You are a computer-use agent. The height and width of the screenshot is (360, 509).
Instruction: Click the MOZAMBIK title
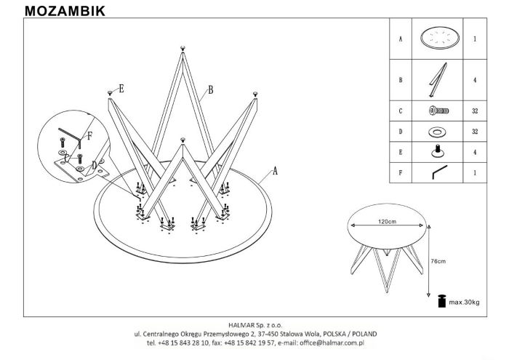pyautogui.click(x=65, y=11)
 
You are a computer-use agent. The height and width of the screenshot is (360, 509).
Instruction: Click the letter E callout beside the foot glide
pyautogui.click(x=121, y=89)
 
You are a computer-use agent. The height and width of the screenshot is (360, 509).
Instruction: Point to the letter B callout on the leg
pyautogui.click(x=211, y=89)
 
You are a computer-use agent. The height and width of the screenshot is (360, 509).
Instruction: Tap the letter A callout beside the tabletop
pyautogui.click(x=276, y=170)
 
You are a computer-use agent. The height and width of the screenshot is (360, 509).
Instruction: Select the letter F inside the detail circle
pyautogui.click(x=89, y=136)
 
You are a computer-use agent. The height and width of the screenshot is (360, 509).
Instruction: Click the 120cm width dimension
pyautogui.click(x=387, y=222)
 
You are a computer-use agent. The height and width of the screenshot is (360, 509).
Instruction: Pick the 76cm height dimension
pyautogui.click(x=438, y=261)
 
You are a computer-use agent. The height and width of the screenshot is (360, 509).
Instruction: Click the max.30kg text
pyautogui.click(x=464, y=303)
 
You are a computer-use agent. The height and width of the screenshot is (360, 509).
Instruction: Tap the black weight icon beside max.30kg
pyautogui.click(x=442, y=301)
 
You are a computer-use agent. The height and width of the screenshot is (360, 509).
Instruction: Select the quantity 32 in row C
pyautogui.click(x=475, y=111)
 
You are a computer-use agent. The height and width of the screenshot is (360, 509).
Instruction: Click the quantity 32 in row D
pyautogui.click(x=475, y=132)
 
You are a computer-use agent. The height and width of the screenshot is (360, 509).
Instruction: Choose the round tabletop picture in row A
pyautogui.click(x=440, y=38)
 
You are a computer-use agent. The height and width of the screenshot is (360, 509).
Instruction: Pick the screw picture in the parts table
pyautogui.click(x=438, y=111)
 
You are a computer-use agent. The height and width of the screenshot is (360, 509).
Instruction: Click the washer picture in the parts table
pyautogui.click(x=437, y=132)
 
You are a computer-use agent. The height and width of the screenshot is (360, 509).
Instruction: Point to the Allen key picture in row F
pyautogui.click(x=439, y=172)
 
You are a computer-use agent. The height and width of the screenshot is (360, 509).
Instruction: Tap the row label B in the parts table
pyautogui.click(x=401, y=80)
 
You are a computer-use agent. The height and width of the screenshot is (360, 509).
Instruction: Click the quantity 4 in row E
pyautogui.click(x=475, y=152)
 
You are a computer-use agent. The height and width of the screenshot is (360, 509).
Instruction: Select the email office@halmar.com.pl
pyautogui.click(x=332, y=343)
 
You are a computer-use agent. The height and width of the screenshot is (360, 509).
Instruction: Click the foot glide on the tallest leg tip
pyautogui.click(x=183, y=49)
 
